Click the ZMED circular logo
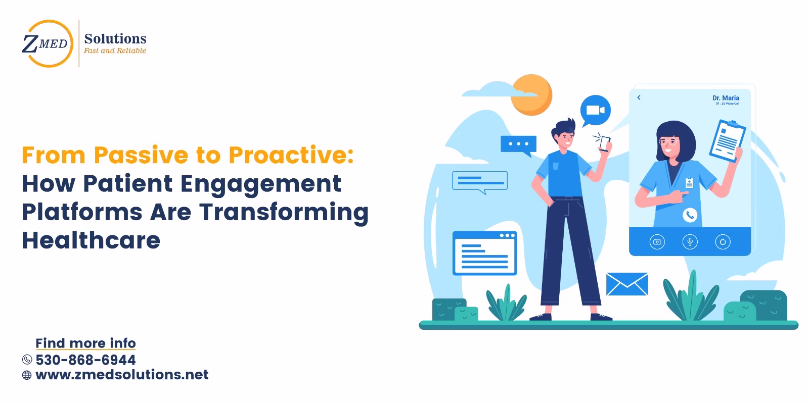click(x=46, y=43)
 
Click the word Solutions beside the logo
click(x=115, y=38)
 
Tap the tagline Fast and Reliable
click(x=115, y=50)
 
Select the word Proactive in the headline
click(x=290, y=155)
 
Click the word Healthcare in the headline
click(x=91, y=240)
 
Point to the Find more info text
click(x=85, y=343)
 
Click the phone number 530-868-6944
click(x=85, y=360)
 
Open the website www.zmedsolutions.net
click(x=122, y=375)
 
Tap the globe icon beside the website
click(x=27, y=375)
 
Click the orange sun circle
click(x=531, y=95)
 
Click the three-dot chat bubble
click(x=518, y=144)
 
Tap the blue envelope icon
click(x=627, y=284)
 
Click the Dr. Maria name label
click(x=726, y=98)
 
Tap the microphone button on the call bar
click(x=690, y=242)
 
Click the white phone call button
click(x=690, y=216)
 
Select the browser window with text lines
click(x=484, y=253)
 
